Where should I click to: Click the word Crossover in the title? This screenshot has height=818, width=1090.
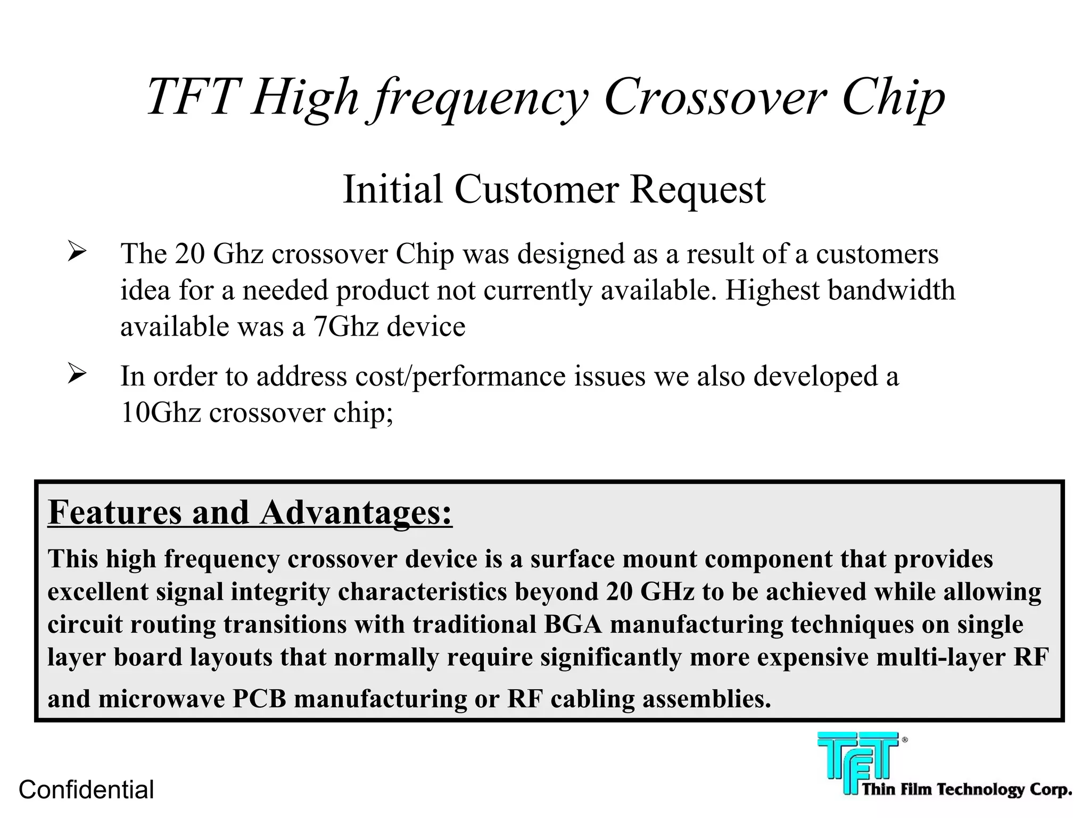click(x=715, y=97)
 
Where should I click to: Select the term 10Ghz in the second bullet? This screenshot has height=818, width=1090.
click(x=161, y=413)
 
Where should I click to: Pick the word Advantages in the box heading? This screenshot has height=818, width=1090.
click(x=356, y=513)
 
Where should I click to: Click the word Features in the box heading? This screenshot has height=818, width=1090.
click(x=115, y=513)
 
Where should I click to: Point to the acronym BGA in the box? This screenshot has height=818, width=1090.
click(x=573, y=625)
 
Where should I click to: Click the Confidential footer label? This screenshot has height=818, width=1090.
click(x=86, y=790)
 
